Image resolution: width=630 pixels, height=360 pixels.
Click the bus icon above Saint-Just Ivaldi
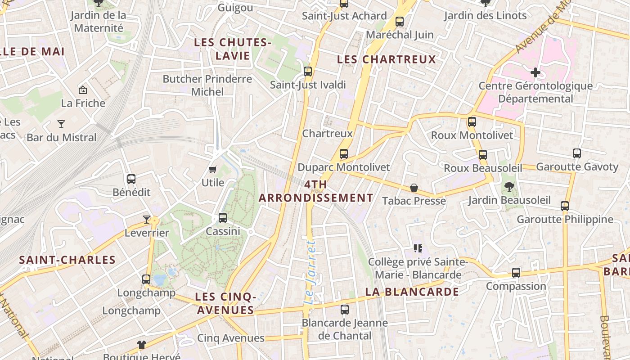[308, 71]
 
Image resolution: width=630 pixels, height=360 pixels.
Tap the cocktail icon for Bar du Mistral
[61, 124]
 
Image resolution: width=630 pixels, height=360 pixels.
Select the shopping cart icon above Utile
[213, 169]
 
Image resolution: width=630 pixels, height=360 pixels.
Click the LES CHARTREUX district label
[387, 59]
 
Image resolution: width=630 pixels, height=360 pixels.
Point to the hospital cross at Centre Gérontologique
[535, 72]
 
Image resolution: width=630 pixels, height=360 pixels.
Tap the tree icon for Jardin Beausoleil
[509, 186]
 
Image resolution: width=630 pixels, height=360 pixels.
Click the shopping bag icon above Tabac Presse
[414, 187]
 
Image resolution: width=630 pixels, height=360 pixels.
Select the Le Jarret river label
[310, 272]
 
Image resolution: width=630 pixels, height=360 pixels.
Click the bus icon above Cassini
[223, 218]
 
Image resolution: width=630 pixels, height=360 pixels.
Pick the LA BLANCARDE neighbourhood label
[412, 292]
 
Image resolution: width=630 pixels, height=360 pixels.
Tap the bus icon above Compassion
[516, 273]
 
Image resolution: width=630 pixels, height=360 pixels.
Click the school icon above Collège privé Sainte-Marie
[418, 248]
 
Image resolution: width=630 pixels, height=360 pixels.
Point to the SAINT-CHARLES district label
[67, 260]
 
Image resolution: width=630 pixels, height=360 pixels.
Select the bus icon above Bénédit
[131, 179]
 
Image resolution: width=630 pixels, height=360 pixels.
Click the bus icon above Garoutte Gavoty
[577, 153]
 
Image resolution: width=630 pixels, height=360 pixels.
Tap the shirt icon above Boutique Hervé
[142, 345]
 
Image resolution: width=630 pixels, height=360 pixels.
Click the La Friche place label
[83, 103]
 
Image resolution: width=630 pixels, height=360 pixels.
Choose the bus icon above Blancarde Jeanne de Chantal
[345, 310]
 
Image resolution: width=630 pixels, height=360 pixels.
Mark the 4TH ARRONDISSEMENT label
[316, 191]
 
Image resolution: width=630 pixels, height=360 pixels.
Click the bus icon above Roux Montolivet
[472, 121]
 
